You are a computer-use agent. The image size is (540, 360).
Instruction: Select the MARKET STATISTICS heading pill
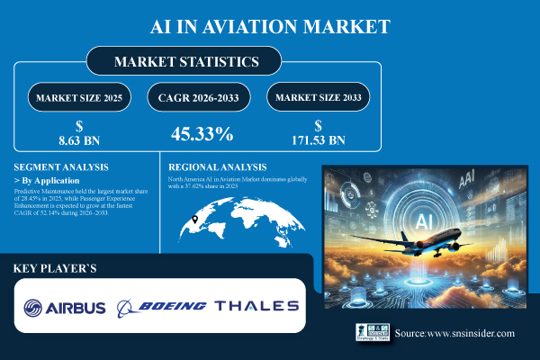(x=186, y=62)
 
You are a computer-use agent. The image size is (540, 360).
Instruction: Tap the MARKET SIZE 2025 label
(x=77, y=96)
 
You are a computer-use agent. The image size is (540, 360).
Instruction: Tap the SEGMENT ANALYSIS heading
(x=60, y=167)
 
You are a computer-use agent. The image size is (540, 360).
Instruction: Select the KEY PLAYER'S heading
(x=55, y=269)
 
